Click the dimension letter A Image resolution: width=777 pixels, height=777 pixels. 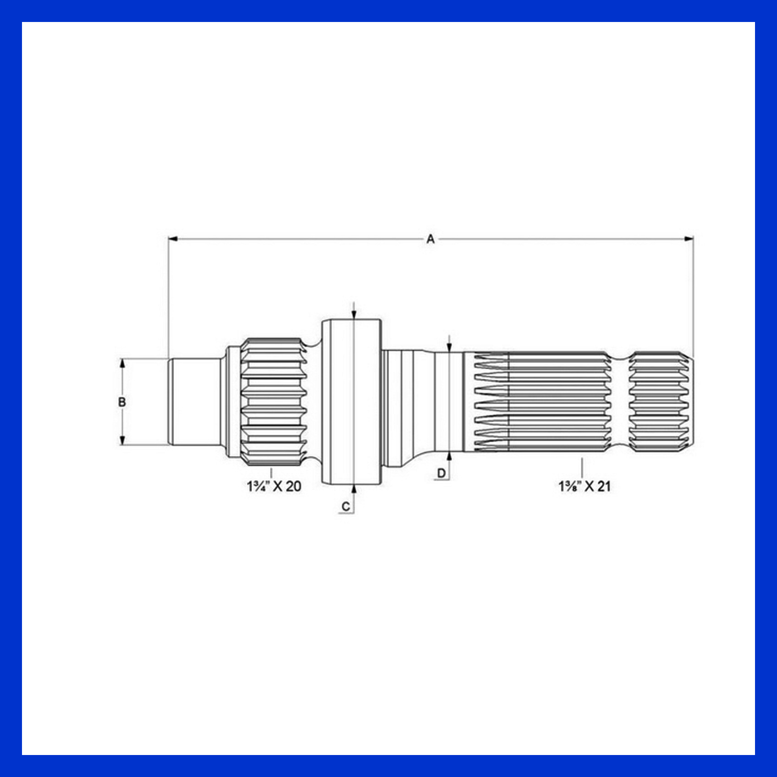430,239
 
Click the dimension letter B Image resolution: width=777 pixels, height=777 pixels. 122,402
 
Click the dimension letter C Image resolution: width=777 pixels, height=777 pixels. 346,506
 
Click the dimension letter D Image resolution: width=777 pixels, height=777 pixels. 441,473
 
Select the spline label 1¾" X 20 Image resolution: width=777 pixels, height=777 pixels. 274,486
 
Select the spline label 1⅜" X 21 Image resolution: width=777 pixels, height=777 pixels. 585,486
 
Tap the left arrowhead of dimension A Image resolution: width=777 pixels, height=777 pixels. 173,239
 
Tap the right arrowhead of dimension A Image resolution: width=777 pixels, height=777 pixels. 689,239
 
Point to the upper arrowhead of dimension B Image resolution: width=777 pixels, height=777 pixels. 122,363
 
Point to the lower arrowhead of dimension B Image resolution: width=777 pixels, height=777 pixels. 122,440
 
